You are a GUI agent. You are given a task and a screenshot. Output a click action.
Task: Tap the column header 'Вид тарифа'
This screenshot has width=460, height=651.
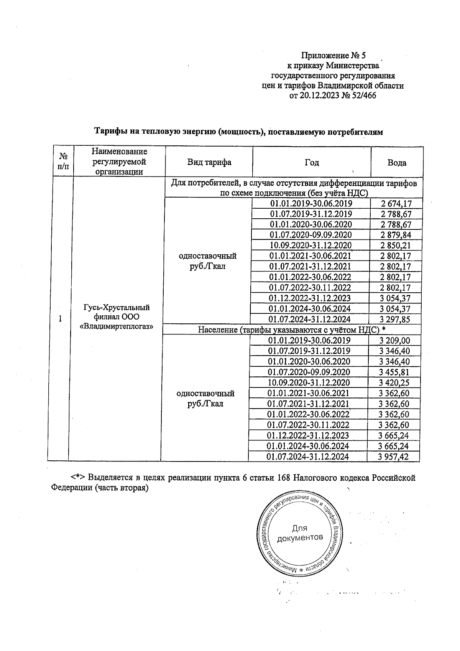[x=209, y=162]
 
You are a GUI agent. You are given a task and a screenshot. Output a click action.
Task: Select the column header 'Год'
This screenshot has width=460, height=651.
[x=312, y=162]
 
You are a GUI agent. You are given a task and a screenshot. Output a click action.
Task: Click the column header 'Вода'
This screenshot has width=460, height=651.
[x=397, y=163]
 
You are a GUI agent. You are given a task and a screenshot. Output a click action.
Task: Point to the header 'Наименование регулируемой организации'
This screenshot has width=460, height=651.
[x=119, y=162]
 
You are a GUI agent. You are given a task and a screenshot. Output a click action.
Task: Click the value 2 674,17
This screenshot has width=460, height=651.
[x=396, y=204]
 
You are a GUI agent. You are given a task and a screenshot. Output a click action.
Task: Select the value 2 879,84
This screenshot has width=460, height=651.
[x=396, y=235]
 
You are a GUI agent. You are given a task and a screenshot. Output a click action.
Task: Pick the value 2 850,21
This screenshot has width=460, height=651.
[x=396, y=246]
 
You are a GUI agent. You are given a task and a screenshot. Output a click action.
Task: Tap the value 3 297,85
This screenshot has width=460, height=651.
[x=396, y=319]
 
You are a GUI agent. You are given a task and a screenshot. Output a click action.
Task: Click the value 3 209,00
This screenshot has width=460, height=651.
[x=394, y=340]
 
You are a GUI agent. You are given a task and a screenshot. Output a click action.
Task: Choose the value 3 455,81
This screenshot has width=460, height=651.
[x=394, y=372]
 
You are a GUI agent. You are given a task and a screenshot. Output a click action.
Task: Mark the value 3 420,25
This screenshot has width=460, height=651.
[x=394, y=382]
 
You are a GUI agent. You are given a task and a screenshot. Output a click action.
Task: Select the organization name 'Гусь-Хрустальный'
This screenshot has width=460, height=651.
[x=117, y=308]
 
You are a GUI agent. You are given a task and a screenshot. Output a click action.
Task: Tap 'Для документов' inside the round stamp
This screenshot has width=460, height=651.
[x=300, y=533]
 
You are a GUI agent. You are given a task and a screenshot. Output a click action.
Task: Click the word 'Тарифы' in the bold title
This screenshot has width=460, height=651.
[x=109, y=132]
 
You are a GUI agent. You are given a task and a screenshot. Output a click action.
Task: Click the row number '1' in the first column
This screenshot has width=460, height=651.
[x=60, y=318]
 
